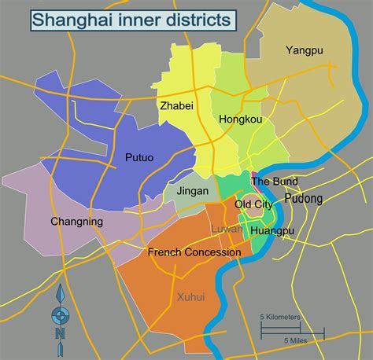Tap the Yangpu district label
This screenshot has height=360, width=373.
pos(305,52)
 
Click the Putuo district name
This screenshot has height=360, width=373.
pos(139,157)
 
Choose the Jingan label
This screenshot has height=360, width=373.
pos(193,190)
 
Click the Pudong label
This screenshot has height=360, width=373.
pos(304,199)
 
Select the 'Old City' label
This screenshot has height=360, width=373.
pos(253,204)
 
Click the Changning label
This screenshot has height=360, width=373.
pos(76,222)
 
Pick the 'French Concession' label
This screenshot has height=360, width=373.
pos(194,252)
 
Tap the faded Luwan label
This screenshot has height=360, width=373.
pos(227,228)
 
